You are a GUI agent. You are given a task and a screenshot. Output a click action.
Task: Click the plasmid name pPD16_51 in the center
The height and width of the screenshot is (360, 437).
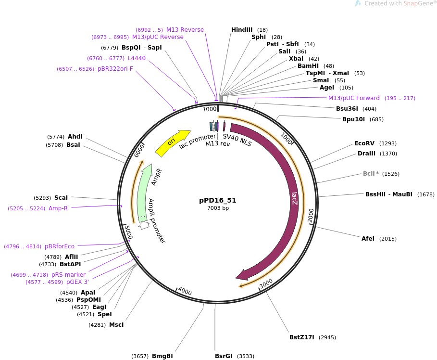(218, 200)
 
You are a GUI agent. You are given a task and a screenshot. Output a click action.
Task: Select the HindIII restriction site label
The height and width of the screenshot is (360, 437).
(241, 30)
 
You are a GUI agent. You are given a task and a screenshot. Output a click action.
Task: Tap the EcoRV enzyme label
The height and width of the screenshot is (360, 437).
(364, 143)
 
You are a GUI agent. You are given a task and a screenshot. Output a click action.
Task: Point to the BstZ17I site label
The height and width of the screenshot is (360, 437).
(301, 337)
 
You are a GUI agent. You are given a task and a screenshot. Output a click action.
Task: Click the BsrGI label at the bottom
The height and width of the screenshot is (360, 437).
(224, 356)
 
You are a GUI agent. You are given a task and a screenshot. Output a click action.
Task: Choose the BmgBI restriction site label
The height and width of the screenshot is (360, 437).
(162, 356)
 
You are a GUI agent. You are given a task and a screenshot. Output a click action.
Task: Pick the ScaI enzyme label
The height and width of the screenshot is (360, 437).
(61, 198)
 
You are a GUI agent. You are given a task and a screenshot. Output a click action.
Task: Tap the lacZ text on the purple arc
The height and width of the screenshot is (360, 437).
(294, 199)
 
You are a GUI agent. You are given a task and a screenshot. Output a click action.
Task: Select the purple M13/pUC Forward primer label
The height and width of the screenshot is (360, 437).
(354, 98)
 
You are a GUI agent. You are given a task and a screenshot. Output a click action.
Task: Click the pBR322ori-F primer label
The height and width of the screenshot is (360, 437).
(115, 69)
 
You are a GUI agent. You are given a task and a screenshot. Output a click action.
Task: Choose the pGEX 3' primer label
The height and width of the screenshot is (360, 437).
(77, 282)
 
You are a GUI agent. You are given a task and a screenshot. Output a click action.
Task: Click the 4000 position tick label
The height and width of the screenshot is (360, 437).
(185, 291)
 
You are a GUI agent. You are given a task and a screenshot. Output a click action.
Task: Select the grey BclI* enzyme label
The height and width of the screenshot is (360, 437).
(371, 174)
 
